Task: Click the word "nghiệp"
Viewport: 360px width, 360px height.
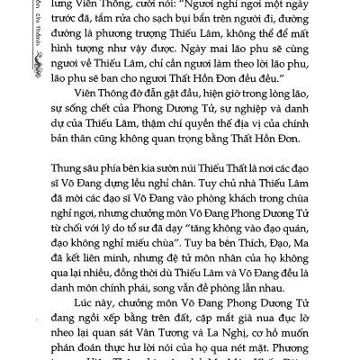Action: tap(254, 137)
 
